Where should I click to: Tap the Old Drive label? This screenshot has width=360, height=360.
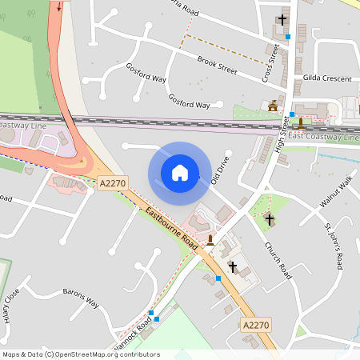(x=219, y=172)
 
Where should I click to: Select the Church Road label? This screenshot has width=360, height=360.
(x=275, y=262)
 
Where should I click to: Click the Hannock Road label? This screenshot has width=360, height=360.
(x=132, y=335)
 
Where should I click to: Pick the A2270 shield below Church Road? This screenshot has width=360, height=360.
(x=255, y=324)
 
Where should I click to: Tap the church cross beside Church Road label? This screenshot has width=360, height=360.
(x=269, y=219)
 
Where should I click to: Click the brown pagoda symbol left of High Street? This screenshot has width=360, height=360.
(x=274, y=105)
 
